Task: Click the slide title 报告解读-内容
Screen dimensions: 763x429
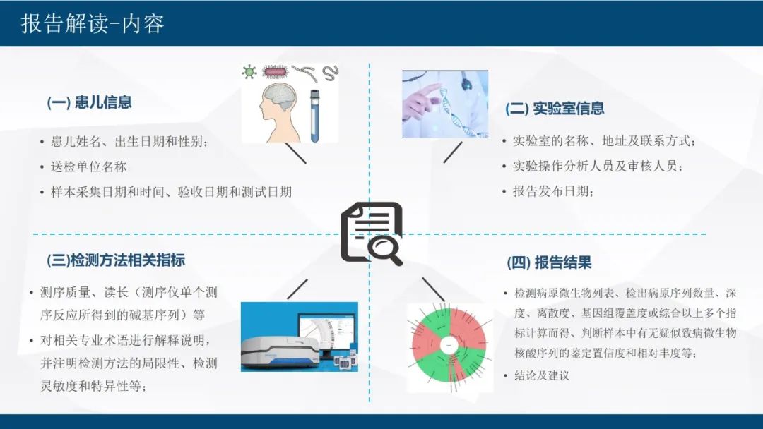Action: tap(93, 23)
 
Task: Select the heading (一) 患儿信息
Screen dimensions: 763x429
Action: tap(89, 102)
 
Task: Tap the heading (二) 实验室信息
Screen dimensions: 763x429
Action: tap(555, 108)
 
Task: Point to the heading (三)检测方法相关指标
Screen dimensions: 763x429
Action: tap(116, 260)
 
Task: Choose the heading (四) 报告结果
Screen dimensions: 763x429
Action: tap(550, 263)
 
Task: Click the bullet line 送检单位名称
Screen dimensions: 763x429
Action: tap(88, 167)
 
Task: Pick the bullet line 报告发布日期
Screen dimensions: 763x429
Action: tap(553, 191)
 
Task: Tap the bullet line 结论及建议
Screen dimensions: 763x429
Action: tap(542, 375)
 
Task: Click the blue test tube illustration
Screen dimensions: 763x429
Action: tap(315, 116)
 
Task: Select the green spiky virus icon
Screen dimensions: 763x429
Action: tap(249, 72)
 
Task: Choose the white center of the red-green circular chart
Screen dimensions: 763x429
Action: tap(449, 346)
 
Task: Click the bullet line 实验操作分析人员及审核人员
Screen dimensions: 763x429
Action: tap(598, 166)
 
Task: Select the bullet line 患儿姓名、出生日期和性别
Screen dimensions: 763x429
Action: tap(129, 141)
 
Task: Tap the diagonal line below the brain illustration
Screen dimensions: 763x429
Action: tap(296, 153)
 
